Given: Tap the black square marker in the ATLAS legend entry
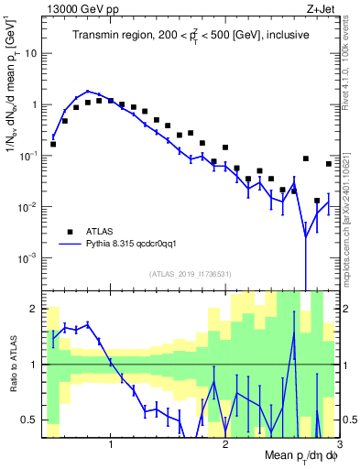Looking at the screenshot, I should pos(69,232).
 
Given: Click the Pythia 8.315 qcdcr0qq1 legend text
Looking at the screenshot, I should pos(136,245).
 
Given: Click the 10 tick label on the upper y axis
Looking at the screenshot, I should pos(30,53).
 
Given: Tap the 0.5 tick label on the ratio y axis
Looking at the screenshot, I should pos(32,420).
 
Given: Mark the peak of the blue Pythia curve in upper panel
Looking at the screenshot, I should pos(88,92).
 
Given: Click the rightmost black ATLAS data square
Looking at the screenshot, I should pos(329,164).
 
